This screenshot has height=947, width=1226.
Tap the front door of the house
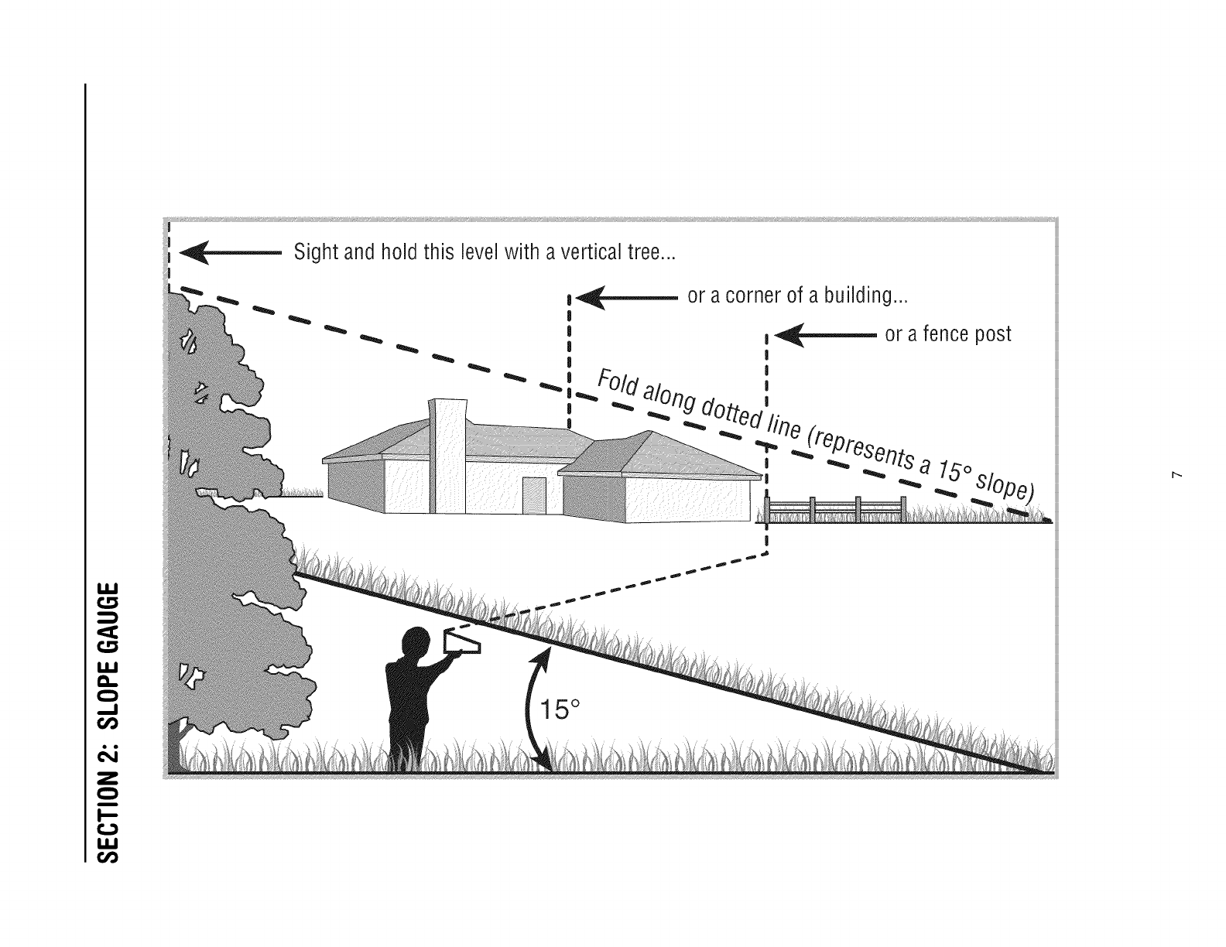[534, 496]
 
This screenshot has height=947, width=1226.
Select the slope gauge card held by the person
[462, 642]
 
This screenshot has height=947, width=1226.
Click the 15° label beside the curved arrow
[560, 709]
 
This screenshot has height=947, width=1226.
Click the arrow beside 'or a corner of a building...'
[626, 297]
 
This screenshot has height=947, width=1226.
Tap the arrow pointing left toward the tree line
[230, 253]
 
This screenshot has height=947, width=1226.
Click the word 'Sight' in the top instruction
[316, 252]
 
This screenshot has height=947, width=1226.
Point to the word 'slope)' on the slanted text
[1006, 486]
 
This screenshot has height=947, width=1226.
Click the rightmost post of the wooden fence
[903, 509]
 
